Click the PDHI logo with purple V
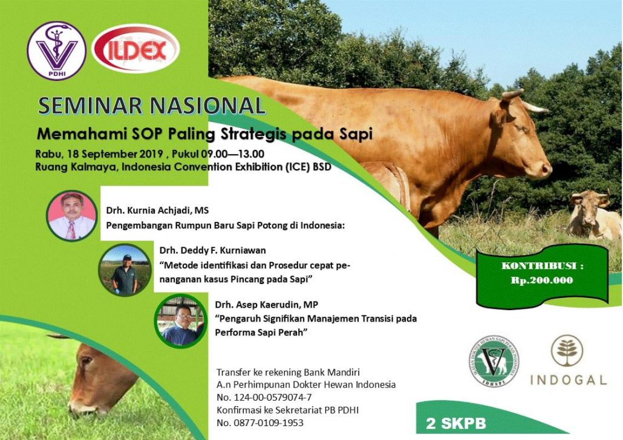(56, 50)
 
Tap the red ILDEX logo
(135, 48)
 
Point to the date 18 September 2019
(115, 154)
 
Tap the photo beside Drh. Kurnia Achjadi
(72, 216)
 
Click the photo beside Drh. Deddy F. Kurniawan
(125, 270)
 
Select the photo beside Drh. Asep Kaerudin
(181, 320)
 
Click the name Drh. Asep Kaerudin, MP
(267, 305)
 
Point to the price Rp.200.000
(542, 280)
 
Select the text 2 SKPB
(455, 423)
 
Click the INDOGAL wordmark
(568, 380)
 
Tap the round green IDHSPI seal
(494, 361)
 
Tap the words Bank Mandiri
(332, 372)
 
